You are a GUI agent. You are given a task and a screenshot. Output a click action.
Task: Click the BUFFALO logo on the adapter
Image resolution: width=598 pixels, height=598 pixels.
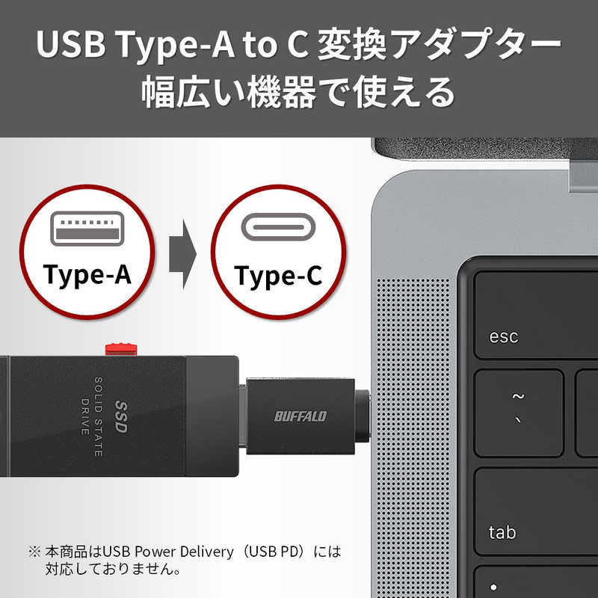[x=300, y=416]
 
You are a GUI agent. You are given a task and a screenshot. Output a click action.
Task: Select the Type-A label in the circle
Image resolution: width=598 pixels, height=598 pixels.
[x=87, y=274]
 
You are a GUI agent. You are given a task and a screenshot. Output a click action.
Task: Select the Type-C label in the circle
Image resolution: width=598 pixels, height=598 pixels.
[x=278, y=276]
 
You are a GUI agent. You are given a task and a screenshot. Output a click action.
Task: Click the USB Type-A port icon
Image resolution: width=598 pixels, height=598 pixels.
[x=87, y=228]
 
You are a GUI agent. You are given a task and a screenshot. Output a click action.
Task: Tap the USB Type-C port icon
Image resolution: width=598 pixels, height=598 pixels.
[x=278, y=227]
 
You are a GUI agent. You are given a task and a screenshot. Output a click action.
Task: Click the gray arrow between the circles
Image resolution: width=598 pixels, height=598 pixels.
[x=182, y=252]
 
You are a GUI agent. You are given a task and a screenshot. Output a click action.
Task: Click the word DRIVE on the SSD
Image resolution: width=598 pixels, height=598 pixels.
[x=84, y=415]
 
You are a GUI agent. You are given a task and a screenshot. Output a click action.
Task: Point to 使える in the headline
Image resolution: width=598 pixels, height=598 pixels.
[x=404, y=93]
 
